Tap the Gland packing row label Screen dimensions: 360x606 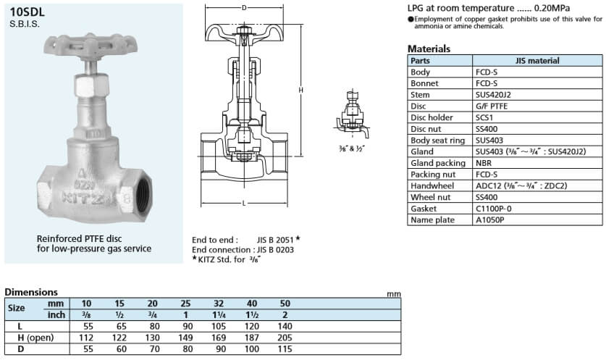[433, 163]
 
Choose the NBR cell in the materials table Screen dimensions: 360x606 [484, 163]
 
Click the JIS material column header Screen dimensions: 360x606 [537, 61]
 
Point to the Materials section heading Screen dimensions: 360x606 [429, 49]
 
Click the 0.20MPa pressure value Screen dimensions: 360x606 [530, 8]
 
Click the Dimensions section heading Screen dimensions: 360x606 [30, 292]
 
